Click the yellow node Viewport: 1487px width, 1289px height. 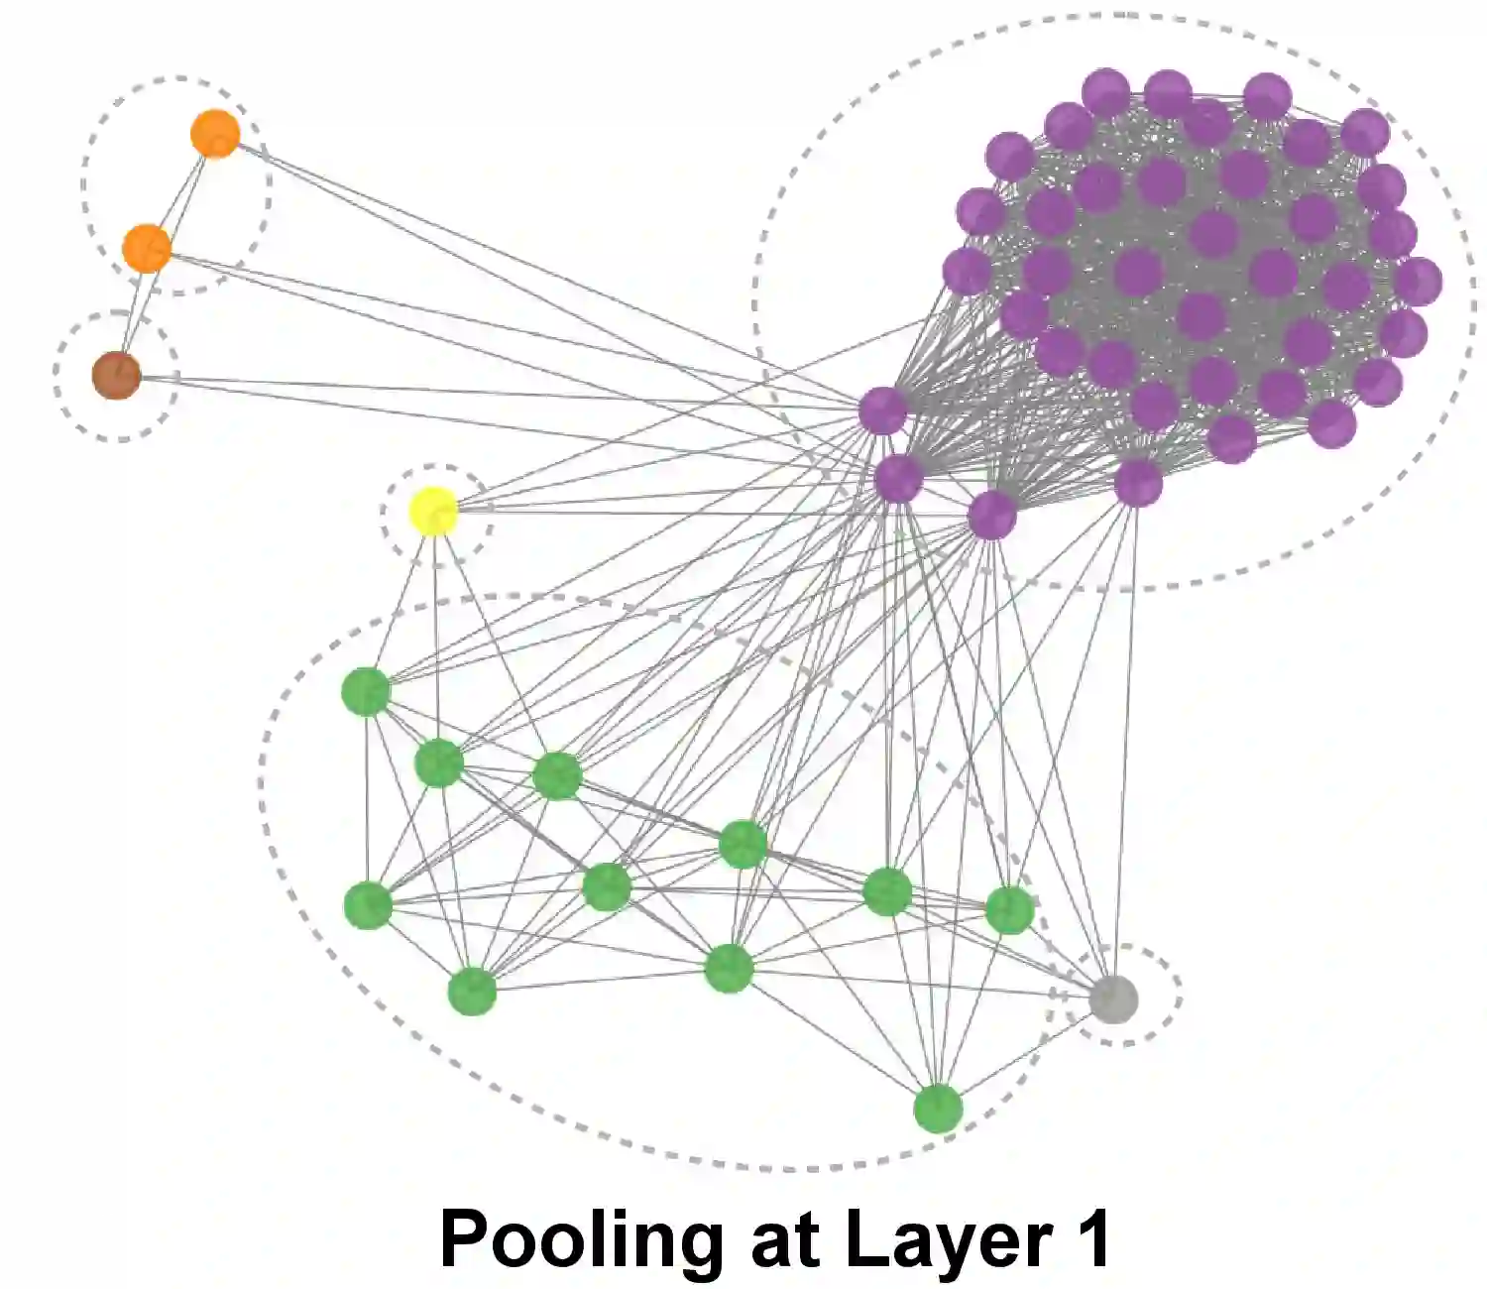tap(434, 511)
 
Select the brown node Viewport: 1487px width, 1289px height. tap(116, 375)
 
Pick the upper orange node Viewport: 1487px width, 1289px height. tap(215, 133)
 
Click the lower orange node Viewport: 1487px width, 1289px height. tap(147, 247)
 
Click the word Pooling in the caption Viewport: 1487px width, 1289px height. tap(581, 1239)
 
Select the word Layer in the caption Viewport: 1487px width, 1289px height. tap(948, 1239)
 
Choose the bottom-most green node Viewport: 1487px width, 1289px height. tap(938, 1108)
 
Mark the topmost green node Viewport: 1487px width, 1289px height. tap(366, 691)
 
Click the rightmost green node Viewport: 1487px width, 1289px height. tap(1009, 910)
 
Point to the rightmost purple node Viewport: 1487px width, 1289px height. tap(1419, 282)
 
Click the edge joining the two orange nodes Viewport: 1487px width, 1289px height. tap(181, 189)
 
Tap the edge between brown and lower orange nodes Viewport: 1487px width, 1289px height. tap(132, 311)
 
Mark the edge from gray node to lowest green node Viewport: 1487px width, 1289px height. tap(1026, 1053)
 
